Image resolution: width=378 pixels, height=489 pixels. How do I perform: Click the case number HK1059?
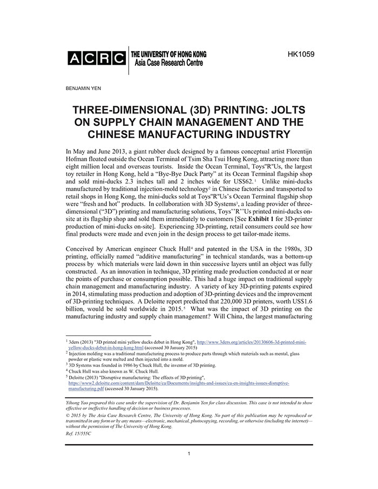[x=301, y=54]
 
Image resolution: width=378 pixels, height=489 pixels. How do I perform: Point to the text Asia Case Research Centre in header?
[x=167, y=63]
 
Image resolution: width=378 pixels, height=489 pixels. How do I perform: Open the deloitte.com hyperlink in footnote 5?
[x=178, y=383]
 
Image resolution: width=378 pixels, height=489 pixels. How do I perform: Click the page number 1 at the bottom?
[x=189, y=454]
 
